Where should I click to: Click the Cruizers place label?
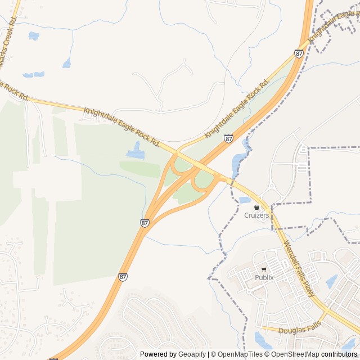click(256, 215)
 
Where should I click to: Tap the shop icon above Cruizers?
click(256, 208)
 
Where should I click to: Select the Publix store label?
click(264, 277)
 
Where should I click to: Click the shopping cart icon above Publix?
click(264, 269)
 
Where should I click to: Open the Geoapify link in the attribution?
click(192, 354)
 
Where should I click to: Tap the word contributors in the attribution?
click(339, 354)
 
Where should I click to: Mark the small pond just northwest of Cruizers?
click(245, 200)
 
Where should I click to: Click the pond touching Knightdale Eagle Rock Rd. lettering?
click(135, 150)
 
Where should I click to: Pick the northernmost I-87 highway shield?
click(299, 53)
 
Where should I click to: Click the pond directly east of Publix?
click(331, 281)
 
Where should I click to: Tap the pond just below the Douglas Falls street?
click(262, 340)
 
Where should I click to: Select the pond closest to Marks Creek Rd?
click(34, 36)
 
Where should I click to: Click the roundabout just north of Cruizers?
click(271, 186)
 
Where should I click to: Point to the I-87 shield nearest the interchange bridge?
click(228, 138)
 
